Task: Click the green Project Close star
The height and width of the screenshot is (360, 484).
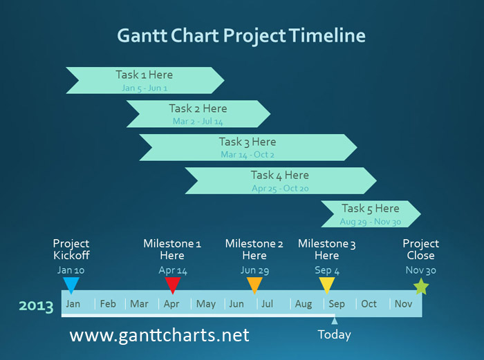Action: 421,287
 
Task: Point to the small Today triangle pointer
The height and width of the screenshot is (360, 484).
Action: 334,321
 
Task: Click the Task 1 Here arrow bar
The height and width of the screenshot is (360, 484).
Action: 145,81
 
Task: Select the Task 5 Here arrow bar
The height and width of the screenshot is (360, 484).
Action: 371,214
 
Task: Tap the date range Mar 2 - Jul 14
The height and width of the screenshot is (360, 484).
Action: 198,121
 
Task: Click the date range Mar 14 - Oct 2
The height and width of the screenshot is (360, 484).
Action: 248,155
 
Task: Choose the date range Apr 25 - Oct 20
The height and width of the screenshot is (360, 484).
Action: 280,188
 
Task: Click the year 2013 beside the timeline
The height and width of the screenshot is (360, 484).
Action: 36,306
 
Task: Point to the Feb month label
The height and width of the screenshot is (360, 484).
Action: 108,304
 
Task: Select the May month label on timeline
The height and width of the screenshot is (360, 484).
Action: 206,304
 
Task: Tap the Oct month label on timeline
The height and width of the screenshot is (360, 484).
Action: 369,304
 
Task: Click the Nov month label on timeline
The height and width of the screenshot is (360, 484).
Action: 403,304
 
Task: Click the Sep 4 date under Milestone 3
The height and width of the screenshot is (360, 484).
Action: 327,271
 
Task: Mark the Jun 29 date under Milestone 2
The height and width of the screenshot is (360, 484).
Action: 254,271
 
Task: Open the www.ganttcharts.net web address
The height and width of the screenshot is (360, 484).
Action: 159,336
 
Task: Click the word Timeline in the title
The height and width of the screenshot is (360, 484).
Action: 327,35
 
